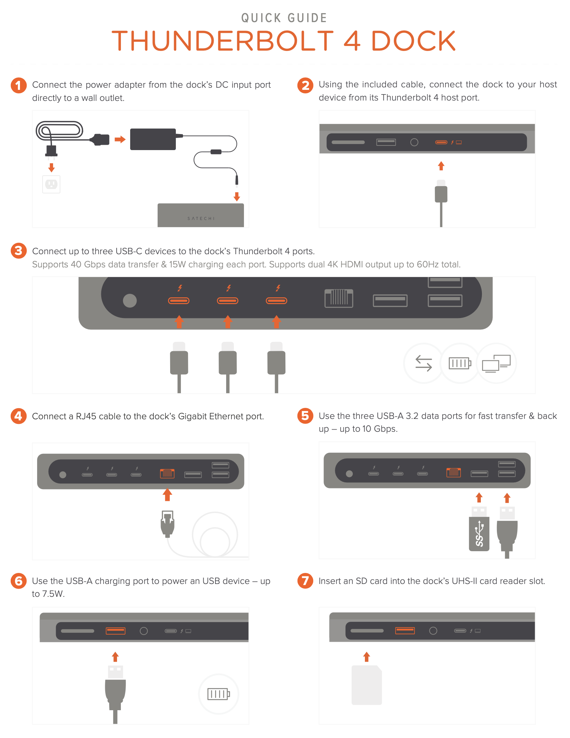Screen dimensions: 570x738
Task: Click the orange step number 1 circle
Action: pyautogui.click(x=19, y=86)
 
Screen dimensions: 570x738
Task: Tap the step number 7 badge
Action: pyautogui.click(x=305, y=581)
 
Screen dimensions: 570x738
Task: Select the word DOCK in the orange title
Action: pyautogui.click(x=413, y=41)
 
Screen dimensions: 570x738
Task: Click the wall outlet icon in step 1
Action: pyautogui.click(x=51, y=184)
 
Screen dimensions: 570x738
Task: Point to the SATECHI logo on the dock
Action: pyautogui.click(x=201, y=219)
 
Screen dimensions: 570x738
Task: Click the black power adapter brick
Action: pyautogui.click(x=153, y=139)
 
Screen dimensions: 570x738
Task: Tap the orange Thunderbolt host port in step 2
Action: pyautogui.click(x=441, y=142)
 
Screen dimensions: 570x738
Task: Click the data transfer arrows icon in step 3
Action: pyautogui.click(x=424, y=363)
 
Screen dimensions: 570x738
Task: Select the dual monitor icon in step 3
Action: pyautogui.click(x=496, y=363)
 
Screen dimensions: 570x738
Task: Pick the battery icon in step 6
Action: pyautogui.click(x=219, y=694)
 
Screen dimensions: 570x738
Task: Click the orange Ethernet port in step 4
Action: pyautogui.click(x=167, y=473)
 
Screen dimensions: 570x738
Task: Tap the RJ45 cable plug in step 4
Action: pyautogui.click(x=168, y=524)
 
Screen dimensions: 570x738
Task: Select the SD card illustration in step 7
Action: pyautogui.click(x=367, y=685)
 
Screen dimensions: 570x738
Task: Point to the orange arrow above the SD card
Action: pyautogui.click(x=367, y=657)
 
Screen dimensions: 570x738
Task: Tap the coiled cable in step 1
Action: pyautogui.click(x=59, y=130)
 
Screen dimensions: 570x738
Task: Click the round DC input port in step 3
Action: pyautogui.click(x=130, y=301)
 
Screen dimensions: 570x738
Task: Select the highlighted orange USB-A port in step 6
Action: pyautogui.click(x=116, y=631)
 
